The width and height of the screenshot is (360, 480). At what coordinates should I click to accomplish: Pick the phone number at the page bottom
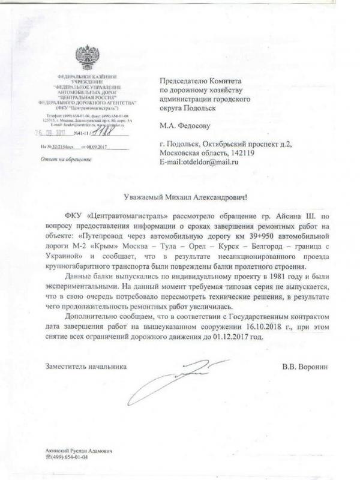[68, 457]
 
